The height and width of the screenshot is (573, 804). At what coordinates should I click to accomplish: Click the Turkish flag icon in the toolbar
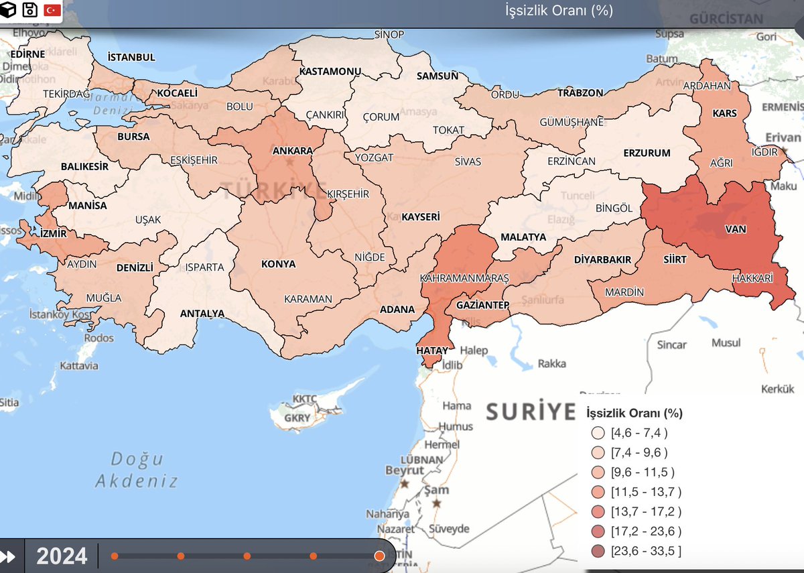click(52, 10)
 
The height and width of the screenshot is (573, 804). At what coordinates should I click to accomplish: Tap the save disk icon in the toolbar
click(29, 10)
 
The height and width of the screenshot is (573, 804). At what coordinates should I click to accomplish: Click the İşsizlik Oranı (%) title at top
click(559, 11)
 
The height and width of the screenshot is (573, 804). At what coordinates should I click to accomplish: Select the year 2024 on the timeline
click(62, 556)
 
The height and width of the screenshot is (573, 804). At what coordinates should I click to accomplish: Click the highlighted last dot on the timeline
click(379, 556)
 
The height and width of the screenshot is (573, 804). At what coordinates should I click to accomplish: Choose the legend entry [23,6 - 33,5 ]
click(645, 551)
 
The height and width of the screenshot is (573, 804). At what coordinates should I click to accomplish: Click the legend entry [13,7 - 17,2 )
click(645, 511)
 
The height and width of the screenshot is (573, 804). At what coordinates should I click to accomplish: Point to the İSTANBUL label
click(131, 57)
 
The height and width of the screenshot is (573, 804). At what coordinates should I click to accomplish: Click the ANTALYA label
click(202, 313)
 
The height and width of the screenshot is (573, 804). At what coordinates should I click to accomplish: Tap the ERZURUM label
click(647, 153)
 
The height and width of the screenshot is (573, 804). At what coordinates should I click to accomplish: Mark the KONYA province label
click(278, 263)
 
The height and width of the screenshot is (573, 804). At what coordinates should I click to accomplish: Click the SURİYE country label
click(531, 411)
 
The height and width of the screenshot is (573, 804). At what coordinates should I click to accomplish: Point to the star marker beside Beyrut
click(404, 483)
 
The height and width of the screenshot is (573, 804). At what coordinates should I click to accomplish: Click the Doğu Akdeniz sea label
click(137, 470)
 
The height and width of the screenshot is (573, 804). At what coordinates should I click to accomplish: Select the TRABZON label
click(580, 92)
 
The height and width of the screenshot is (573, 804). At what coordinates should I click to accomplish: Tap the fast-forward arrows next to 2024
click(10, 556)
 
